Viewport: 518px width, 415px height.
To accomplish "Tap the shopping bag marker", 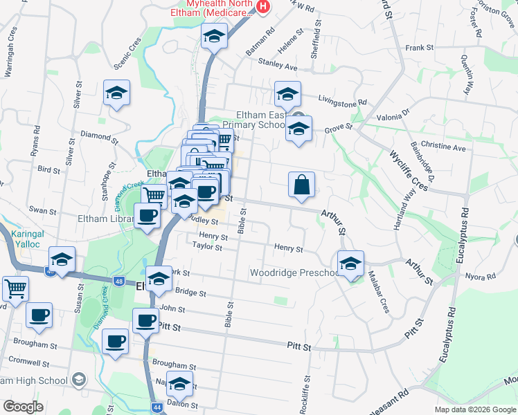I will point(302,185).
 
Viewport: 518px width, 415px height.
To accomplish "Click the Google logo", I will point(23,406).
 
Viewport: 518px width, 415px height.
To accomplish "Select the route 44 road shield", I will point(158,408).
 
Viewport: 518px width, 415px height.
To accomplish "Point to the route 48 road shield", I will point(120,281).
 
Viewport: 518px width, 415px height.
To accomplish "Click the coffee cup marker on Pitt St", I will point(146,322).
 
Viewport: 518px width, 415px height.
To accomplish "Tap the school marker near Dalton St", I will point(179,384).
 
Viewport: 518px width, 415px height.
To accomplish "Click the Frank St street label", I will point(419,48).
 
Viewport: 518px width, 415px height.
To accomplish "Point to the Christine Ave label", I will point(443,147).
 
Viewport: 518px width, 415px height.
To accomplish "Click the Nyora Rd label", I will point(481,276).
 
